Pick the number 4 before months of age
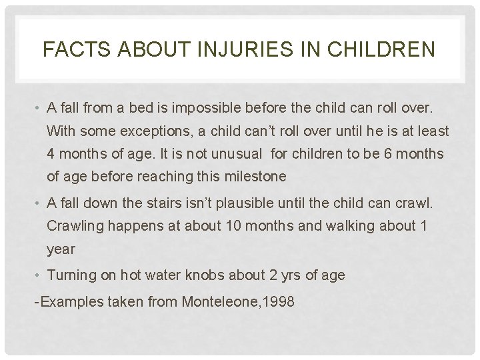coord(51,153)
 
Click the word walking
coord(325,225)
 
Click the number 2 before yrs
coord(287,275)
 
